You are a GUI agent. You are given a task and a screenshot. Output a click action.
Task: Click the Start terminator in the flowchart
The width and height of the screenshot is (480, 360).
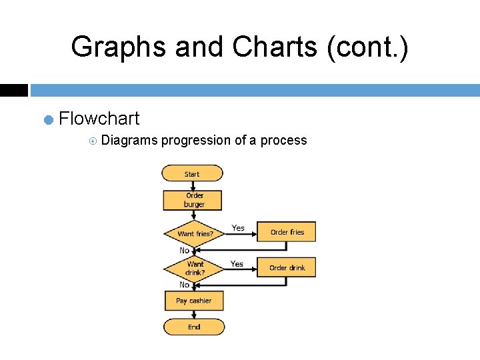coord(192,174)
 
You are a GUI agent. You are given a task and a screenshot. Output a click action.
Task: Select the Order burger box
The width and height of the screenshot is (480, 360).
coord(193,200)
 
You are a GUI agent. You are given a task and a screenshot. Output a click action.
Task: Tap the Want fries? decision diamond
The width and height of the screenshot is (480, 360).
coord(195,233)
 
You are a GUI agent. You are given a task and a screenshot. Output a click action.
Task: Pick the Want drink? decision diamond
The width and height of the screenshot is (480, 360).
coord(195,268)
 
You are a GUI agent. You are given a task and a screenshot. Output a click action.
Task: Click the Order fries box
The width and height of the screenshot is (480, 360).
coord(287,232)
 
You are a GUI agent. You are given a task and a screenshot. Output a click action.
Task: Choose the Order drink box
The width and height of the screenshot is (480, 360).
coord(287,267)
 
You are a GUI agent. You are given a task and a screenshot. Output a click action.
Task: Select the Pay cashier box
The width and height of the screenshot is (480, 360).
coord(193,301)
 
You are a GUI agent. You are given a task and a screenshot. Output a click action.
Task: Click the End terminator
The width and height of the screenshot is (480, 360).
coord(194,327)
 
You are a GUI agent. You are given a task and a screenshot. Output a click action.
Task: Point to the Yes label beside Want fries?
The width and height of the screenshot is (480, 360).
coord(238,228)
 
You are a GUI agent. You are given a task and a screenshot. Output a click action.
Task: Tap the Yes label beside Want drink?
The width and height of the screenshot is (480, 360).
coord(237,264)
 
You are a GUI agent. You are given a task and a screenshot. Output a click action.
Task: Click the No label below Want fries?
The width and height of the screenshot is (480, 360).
coord(184,250)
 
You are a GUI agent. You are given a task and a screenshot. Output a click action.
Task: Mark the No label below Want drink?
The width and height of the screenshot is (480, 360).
coord(184,285)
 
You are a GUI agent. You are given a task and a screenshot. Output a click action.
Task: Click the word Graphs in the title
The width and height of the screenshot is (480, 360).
coord(119,47)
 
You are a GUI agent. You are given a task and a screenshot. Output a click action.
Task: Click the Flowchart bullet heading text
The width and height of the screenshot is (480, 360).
coord(99,119)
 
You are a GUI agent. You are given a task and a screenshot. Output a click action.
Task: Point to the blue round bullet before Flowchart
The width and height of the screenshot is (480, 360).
coord(48,120)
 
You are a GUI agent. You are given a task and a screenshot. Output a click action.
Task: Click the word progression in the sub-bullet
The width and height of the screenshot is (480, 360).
coord(195,140)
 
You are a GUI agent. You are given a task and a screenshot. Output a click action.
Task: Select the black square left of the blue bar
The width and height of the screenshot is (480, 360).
coord(13,90)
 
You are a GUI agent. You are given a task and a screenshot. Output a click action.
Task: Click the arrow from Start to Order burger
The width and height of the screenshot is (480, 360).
coord(192,186)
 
